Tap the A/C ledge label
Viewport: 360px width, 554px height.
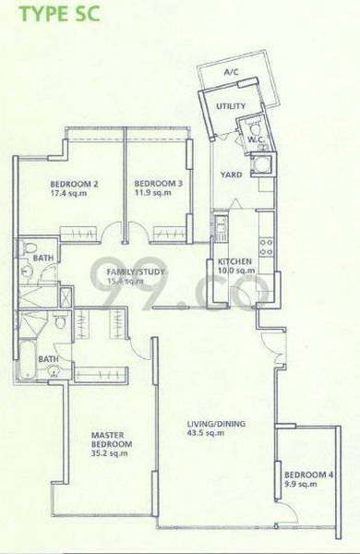(x=232, y=74)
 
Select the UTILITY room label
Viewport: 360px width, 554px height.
(x=230, y=107)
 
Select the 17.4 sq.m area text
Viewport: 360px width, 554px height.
(x=76, y=195)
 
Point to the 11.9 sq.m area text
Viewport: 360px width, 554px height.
(x=150, y=195)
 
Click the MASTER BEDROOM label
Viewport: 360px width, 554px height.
(x=112, y=438)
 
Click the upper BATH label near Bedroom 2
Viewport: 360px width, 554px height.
(x=42, y=260)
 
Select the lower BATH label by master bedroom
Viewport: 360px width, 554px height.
(x=48, y=359)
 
